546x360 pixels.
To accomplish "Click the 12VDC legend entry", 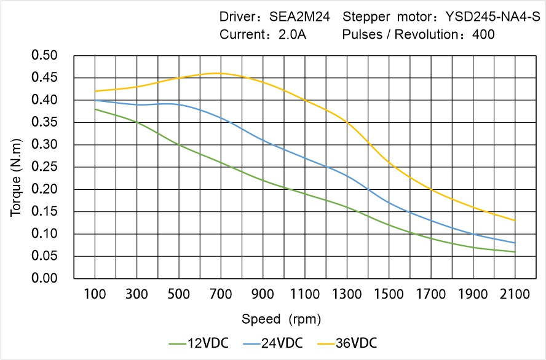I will (x=198, y=343).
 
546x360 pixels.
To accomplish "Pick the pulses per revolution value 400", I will (x=483, y=34).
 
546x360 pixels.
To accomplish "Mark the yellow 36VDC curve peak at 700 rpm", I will (x=221, y=73).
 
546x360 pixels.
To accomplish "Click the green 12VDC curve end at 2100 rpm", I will (x=515, y=252).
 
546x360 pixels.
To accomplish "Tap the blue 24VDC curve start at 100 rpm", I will (x=95, y=100).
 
